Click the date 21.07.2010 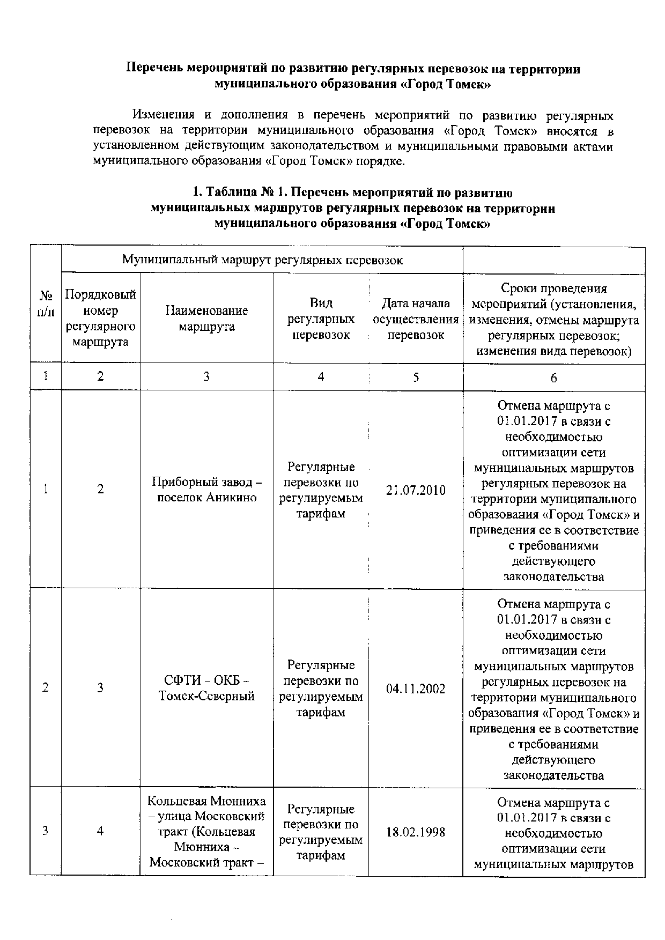coord(416,490)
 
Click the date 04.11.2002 coord(416,689)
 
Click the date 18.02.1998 coord(416,832)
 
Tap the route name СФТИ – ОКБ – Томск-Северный coord(207,688)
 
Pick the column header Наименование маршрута coord(207,319)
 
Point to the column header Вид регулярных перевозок coord(321,319)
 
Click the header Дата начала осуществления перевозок coord(416,319)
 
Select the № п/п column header coord(46,304)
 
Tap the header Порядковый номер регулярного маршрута coord(100,319)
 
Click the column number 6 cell coord(553,378)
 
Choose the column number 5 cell coord(416,377)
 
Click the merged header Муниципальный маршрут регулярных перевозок coord(262,260)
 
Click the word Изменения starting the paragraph coord(164,115)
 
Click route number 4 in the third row coord(100,831)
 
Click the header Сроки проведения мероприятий coord(553,320)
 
